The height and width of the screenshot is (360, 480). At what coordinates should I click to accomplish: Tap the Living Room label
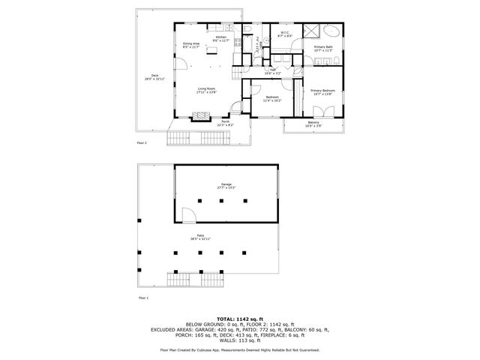207,91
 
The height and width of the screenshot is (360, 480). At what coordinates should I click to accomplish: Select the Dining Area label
191,44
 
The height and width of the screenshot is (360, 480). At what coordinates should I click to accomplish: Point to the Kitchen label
220,37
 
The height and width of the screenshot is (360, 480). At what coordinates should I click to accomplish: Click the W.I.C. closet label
285,33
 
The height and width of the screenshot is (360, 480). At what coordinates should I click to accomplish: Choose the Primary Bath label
324,48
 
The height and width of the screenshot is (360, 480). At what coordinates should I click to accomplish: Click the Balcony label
313,123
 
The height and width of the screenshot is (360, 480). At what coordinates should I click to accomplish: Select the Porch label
225,122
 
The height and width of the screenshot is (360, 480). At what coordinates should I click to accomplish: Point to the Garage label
225,186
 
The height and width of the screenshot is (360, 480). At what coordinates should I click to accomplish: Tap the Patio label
201,237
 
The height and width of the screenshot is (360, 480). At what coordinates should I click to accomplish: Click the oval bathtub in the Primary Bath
330,31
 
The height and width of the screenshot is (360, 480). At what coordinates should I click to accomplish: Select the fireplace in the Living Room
200,116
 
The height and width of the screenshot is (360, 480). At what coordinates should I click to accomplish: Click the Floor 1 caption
143,298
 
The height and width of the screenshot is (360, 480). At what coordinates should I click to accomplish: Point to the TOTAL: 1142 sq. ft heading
240,318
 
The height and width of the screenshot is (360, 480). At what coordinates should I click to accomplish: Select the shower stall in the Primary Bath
310,31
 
